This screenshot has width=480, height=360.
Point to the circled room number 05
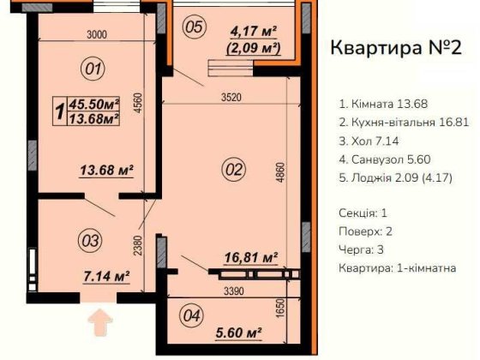[x=195, y=27]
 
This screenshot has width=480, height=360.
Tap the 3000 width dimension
[x=96, y=34]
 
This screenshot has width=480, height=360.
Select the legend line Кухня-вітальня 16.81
[x=404, y=123]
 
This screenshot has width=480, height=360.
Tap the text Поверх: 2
[x=365, y=231]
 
